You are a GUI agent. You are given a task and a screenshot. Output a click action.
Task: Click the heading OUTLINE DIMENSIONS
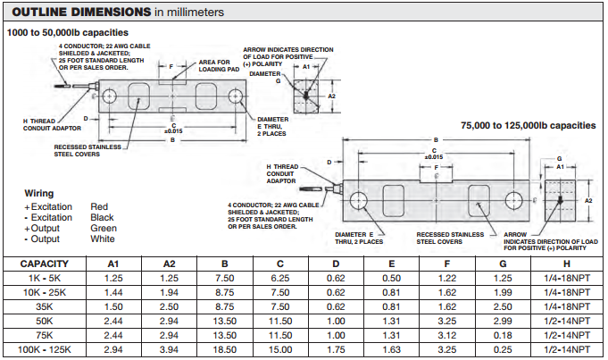point(78,13)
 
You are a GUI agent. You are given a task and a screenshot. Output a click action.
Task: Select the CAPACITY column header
point(46,264)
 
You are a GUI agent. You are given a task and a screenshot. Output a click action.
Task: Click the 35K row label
point(46,306)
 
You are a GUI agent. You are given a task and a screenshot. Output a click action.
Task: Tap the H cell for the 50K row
point(568,321)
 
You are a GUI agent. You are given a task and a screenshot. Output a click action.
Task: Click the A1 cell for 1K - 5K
point(113,279)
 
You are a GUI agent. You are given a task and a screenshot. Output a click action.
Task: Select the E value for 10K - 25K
point(392,293)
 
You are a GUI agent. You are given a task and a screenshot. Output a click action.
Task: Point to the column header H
point(568,264)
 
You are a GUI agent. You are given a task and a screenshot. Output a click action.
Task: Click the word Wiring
point(39,193)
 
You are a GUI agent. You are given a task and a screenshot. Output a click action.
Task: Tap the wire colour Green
point(103,228)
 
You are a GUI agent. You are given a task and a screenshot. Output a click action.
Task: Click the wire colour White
point(103,239)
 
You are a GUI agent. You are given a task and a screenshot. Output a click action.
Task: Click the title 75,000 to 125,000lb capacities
point(527,126)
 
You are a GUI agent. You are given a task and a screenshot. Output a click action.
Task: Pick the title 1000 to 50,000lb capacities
point(68,32)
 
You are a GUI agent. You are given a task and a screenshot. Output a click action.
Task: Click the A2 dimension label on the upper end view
point(331,96)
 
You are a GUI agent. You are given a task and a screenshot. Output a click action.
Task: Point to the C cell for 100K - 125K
point(279,349)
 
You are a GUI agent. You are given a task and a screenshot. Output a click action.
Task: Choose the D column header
point(336,264)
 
